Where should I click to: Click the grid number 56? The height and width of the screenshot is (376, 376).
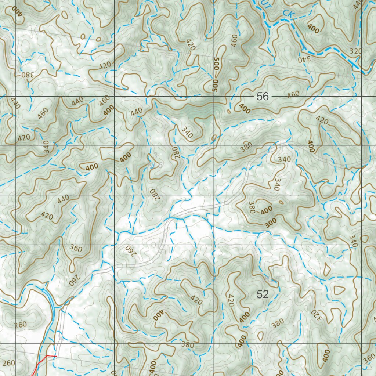point(263,97)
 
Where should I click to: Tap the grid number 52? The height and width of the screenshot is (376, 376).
point(263,294)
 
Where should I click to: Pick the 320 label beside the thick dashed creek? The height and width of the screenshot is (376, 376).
point(356,51)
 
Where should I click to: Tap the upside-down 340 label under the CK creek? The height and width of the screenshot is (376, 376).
point(304,58)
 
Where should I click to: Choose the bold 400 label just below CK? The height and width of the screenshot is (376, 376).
point(313,29)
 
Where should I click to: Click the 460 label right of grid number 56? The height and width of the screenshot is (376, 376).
point(293,94)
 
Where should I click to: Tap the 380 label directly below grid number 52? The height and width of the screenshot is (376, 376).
point(278,323)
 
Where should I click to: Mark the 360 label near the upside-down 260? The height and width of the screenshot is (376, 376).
point(76,248)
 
